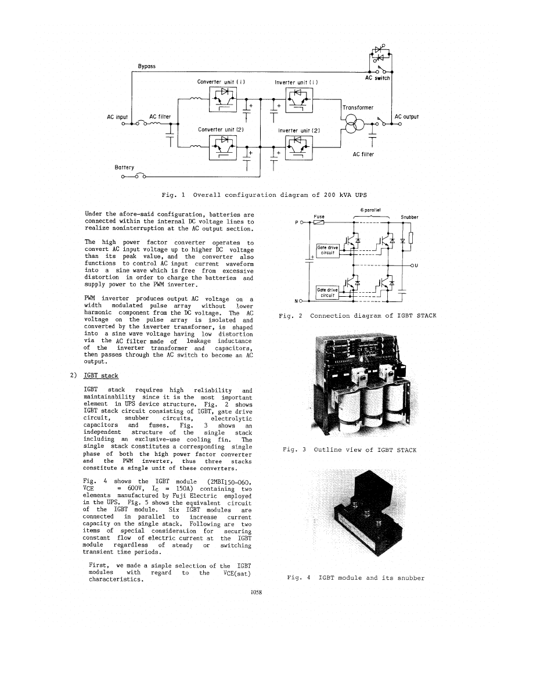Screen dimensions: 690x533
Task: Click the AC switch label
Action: (377, 78)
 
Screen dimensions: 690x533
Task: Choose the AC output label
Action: (406, 116)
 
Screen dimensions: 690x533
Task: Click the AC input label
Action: (117, 117)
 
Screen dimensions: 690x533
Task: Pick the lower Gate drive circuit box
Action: (327, 292)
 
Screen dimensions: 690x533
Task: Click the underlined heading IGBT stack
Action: (101, 375)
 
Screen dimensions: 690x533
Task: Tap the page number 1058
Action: (256, 592)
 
